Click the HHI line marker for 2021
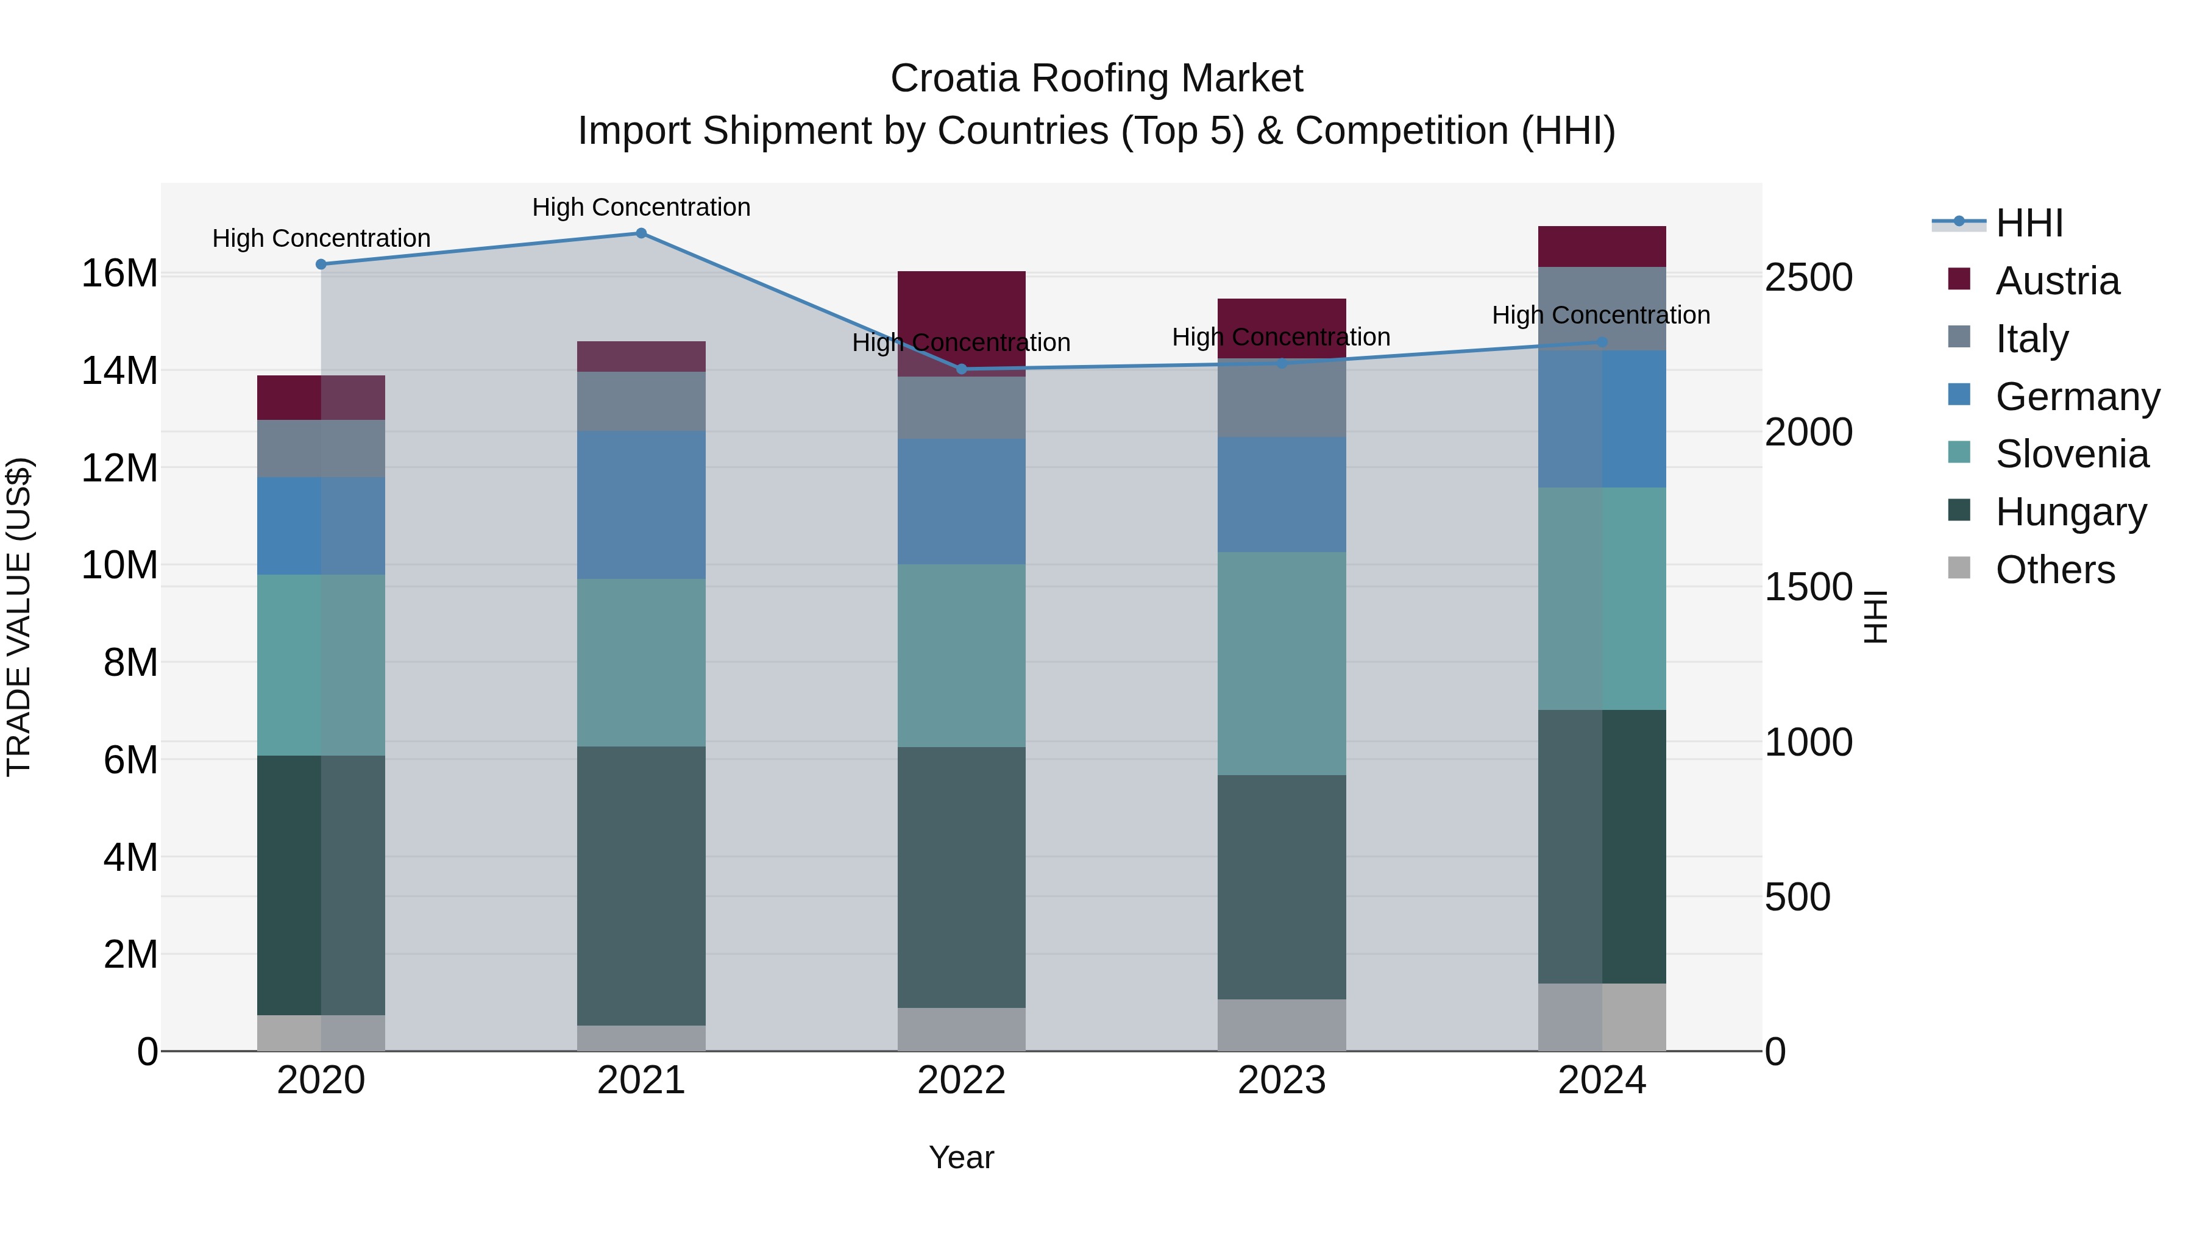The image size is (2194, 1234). click(x=641, y=233)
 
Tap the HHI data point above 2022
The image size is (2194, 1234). click(x=962, y=369)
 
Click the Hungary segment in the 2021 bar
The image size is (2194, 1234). click(x=641, y=885)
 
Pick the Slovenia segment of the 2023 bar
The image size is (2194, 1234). click(x=1282, y=664)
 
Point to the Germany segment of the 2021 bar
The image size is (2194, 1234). click(x=641, y=505)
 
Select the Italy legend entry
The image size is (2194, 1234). click(x=2031, y=339)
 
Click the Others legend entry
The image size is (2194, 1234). click(x=2054, y=570)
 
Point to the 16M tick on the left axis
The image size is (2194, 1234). click(x=119, y=274)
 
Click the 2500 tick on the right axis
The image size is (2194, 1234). click(x=1808, y=278)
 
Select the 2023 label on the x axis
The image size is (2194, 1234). click(x=1282, y=1080)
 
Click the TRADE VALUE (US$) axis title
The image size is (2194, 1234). click(x=19, y=617)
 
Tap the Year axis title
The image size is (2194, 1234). click(x=962, y=1157)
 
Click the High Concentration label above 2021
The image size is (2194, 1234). click(x=641, y=207)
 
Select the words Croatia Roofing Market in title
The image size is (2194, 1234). click(x=1096, y=79)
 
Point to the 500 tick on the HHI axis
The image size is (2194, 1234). click(x=1797, y=897)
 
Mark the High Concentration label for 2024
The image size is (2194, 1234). click(x=1601, y=315)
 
